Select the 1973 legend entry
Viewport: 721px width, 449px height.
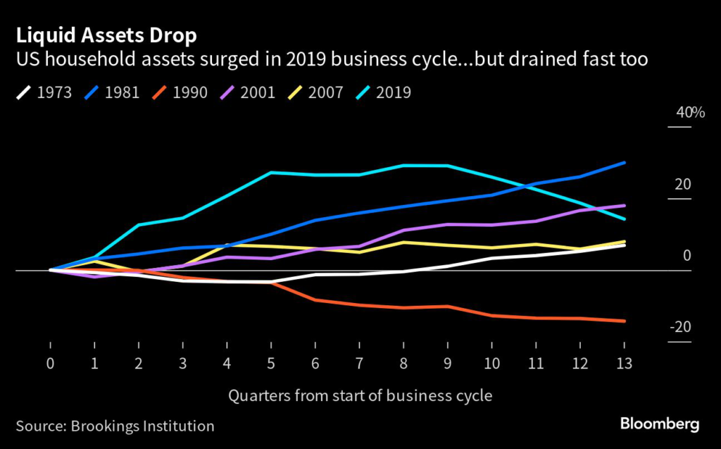pyautogui.click(x=44, y=92)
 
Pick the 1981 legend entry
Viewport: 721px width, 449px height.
pyautogui.click(x=113, y=92)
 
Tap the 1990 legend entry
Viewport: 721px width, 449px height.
pyautogui.click(x=181, y=92)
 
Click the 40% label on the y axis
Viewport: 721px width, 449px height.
pyautogui.click(x=680, y=112)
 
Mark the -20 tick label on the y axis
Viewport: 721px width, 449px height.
pyautogui.click(x=679, y=327)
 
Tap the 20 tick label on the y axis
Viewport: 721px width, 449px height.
pyautogui.click(x=682, y=184)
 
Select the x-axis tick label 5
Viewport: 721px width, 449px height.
pyautogui.click(x=271, y=364)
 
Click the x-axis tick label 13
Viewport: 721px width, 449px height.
pyautogui.click(x=623, y=364)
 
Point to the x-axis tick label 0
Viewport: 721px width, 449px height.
pyautogui.click(x=51, y=364)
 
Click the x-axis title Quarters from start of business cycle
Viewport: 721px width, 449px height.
pyautogui.click(x=360, y=395)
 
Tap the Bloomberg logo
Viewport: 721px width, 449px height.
pyautogui.click(x=659, y=424)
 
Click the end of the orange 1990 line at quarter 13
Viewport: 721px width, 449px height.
pyautogui.click(x=624, y=321)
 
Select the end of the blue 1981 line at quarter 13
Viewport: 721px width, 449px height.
pyautogui.click(x=624, y=163)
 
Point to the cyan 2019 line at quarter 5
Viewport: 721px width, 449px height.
pyautogui.click(x=271, y=173)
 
